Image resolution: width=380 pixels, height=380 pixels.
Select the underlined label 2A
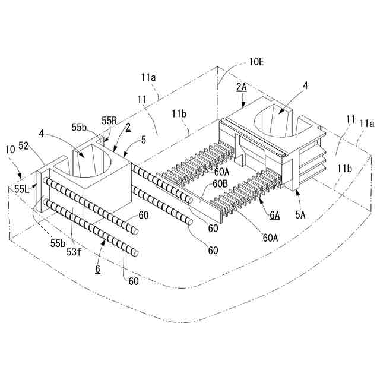(242, 87)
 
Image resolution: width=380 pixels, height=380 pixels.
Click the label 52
(24, 145)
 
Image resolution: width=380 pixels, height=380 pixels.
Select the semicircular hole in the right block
(279, 121)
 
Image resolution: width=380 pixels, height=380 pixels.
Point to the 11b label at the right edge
(344, 168)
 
